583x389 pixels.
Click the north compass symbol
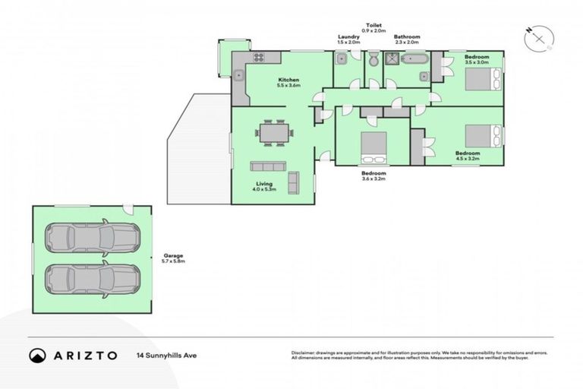tap(540, 37)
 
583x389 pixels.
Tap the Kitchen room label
tap(288, 80)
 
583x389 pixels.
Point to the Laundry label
tap(348, 36)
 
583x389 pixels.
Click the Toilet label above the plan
tap(375, 26)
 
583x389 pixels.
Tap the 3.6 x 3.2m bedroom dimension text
tap(374, 179)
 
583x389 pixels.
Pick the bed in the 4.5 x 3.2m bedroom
tap(483, 136)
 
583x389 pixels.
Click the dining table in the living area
tap(274, 132)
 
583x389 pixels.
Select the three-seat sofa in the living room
tap(268, 166)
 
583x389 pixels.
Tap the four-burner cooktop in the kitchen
tap(258, 58)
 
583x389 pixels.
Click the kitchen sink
tap(238, 74)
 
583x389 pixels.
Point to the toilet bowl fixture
tap(374, 60)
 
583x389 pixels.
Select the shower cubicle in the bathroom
tap(392, 60)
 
